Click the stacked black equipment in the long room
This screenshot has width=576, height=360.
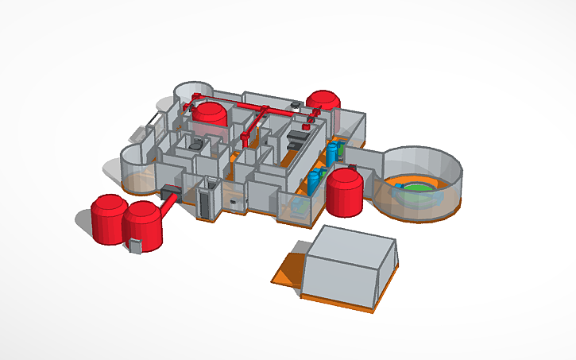click(296, 137)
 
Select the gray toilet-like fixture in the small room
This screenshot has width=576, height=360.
click(195, 143)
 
